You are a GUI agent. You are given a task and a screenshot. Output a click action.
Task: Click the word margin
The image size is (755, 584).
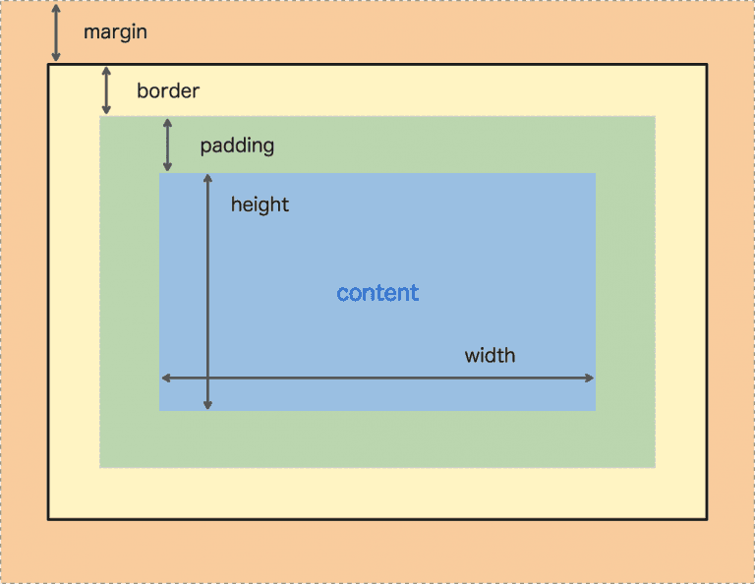(x=115, y=32)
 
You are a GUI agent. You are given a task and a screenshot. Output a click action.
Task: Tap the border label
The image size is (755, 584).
(x=168, y=91)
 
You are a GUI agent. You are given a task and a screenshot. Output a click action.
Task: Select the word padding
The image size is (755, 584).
(x=237, y=146)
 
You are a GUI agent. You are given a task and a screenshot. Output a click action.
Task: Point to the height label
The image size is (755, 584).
(x=260, y=204)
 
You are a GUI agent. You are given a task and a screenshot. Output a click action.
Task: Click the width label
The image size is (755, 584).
(x=490, y=355)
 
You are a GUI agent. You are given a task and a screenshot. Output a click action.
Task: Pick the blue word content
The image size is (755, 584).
(x=377, y=293)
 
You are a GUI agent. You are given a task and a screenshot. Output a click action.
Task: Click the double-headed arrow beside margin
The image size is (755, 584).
(x=56, y=33)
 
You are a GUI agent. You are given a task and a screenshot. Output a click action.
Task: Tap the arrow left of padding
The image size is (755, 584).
(x=167, y=146)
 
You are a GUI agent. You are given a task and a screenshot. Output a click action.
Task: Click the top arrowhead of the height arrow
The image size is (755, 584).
(x=207, y=178)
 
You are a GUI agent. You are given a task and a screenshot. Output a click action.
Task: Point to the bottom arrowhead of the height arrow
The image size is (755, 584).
(x=207, y=404)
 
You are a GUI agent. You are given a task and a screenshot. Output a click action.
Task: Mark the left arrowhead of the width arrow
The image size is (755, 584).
(x=165, y=378)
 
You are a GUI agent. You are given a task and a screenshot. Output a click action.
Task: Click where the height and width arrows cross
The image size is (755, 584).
(x=207, y=378)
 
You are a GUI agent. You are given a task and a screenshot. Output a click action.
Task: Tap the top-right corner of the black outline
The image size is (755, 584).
(x=706, y=65)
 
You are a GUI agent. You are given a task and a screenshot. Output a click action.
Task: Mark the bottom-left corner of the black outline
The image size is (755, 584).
(x=49, y=518)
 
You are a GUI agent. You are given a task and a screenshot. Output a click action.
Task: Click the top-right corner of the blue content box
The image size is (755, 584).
(x=595, y=174)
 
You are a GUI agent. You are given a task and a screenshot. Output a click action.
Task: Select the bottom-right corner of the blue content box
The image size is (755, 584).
(x=595, y=410)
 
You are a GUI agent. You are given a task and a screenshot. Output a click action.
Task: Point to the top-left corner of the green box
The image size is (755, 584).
(x=100, y=117)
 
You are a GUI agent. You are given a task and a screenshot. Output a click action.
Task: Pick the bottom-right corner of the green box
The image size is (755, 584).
(x=655, y=467)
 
